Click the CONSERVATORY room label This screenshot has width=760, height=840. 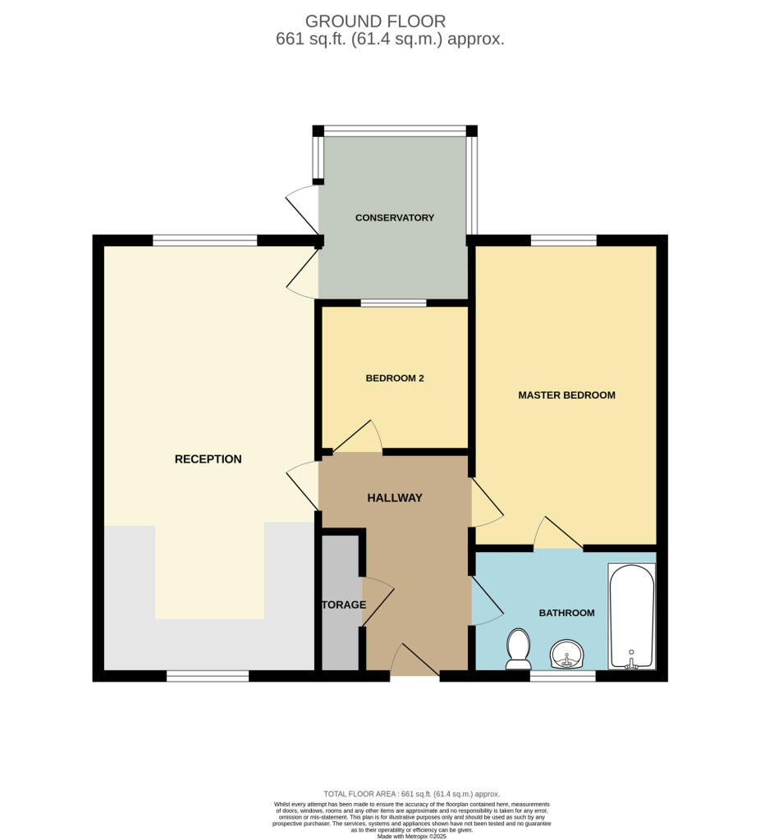coord(394,217)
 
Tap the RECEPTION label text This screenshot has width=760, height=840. coord(208,459)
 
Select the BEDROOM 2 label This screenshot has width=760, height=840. coord(394,378)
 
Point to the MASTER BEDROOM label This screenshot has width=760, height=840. coord(566,395)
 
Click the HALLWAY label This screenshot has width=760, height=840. coord(394,498)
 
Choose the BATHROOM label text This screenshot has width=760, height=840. coord(566,613)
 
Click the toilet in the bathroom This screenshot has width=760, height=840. coord(518,648)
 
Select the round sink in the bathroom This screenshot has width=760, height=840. coord(566,655)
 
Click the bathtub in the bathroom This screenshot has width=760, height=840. coord(630,616)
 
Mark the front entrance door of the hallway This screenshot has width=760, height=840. coord(415,660)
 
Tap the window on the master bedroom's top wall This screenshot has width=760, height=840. coord(563,240)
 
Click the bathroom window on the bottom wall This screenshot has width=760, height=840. coord(562,677)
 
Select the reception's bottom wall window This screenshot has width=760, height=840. coord(207,677)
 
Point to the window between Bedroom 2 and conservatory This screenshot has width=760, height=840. coord(393,303)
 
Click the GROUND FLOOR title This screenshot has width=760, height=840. coord(375,21)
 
